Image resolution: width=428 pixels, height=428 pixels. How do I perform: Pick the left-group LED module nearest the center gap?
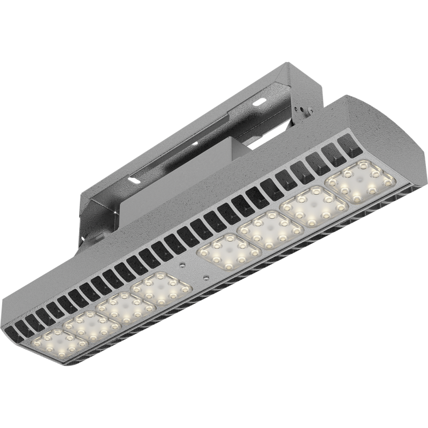click(161, 289)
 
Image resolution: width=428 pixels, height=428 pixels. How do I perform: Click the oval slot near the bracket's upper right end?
click(259, 102)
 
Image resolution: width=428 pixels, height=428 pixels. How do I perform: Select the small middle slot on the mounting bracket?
click(196, 143)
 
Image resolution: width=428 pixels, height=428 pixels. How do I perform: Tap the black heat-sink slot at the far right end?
click(351, 143)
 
